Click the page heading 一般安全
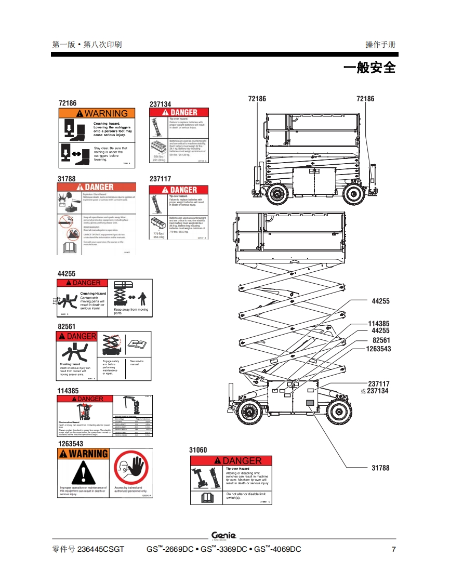pyautogui.click(x=369, y=68)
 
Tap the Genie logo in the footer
pyautogui.click(x=224, y=536)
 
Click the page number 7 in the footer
pyautogui.click(x=393, y=549)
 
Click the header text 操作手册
pyautogui.click(x=380, y=45)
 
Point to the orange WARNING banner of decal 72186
pyautogui.click(x=97, y=113)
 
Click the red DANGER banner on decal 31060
pyautogui.click(x=231, y=460)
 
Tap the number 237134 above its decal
pyautogui.click(x=160, y=104)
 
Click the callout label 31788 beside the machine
pyautogui.click(x=380, y=468)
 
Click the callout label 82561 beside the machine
pyautogui.click(x=381, y=340)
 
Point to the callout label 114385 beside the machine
pyautogui.click(x=378, y=324)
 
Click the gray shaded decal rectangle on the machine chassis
pyautogui.click(x=310, y=403)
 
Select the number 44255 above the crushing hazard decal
pyautogui.click(x=66, y=273)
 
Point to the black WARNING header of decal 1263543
pyautogui.click(x=84, y=453)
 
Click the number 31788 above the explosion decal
pyautogui.click(x=66, y=179)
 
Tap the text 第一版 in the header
pyautogui.click(x=63, y=45)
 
